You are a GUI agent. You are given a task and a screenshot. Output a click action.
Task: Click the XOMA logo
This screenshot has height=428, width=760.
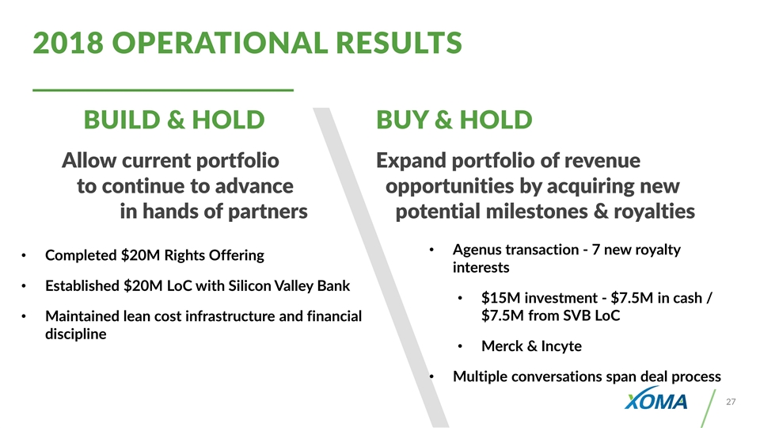(x=655, y=399)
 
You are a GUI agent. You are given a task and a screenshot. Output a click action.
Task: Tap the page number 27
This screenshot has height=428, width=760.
(x=731, y=402)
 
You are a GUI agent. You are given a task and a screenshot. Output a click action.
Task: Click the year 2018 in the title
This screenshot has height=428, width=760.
(x=68, y=43)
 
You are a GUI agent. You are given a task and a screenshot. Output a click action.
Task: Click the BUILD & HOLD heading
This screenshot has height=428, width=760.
(x=174, y=120)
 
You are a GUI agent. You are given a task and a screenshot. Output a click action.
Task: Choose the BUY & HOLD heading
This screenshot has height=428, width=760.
(x=454, y=120)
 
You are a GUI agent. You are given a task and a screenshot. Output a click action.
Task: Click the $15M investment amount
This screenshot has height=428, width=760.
(x=500, y=297)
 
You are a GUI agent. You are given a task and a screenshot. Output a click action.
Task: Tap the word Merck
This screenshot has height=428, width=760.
(x=502, y=346)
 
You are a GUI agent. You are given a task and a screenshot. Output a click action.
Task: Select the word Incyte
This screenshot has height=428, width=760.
(x=561, y=346)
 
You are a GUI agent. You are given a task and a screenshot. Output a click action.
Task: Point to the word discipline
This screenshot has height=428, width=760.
(x=76, y=334)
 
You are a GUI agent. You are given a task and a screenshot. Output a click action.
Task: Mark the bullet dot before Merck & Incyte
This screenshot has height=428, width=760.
(x=461, y=346)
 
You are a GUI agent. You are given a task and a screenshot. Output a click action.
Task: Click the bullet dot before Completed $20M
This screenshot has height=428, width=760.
(x=24, y=256)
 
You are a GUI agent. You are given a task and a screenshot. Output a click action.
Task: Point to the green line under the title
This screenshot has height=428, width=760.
(x=163, y=90)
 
